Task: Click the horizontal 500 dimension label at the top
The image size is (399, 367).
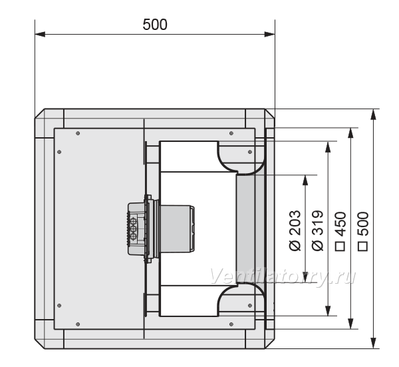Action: tap(155, 25)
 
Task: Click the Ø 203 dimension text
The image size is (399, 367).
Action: tap(295, 230)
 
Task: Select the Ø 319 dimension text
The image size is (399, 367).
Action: tap(318, 230)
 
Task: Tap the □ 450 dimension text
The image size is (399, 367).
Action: tap(340, 231)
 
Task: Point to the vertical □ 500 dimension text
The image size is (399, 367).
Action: tap(363, 231)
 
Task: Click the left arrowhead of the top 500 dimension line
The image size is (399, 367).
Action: tap(40, 34)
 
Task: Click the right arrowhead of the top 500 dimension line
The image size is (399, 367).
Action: tap(270, 34)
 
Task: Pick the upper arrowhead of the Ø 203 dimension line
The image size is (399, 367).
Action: tap(306, 181)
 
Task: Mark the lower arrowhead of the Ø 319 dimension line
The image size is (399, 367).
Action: tap(329, 311)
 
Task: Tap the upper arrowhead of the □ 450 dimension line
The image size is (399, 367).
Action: tap(350, 133)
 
